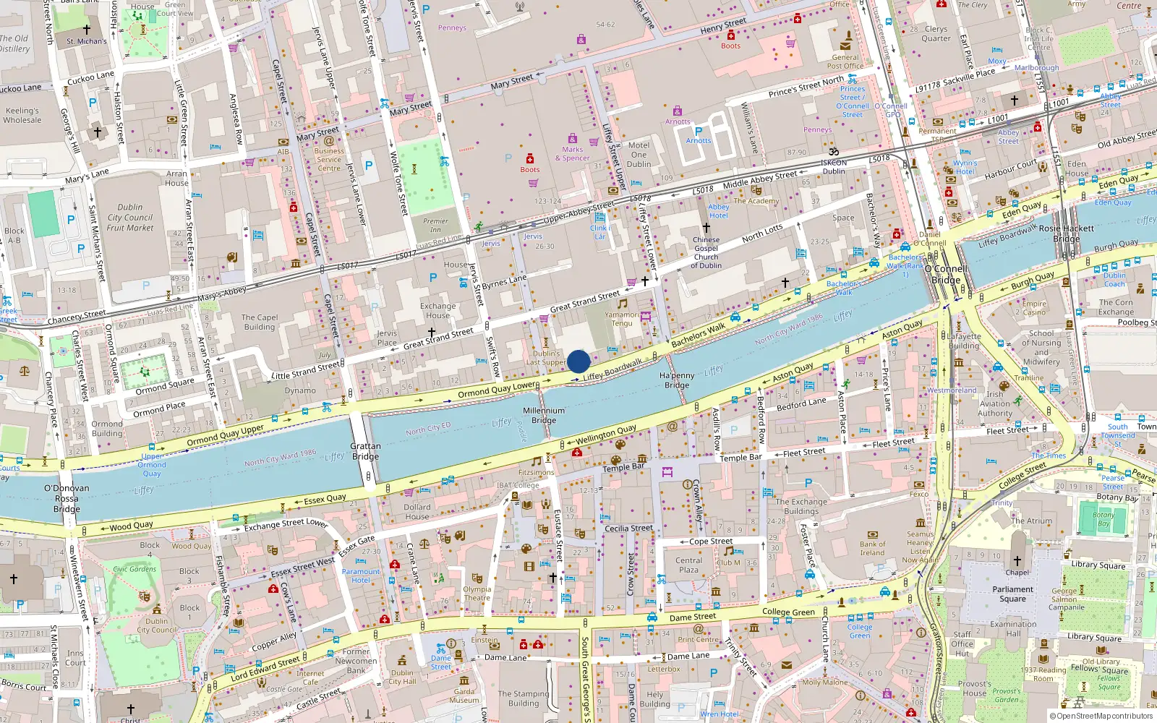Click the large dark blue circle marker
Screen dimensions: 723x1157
578,361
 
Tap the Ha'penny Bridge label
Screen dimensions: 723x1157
677,380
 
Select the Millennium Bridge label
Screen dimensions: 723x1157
544,415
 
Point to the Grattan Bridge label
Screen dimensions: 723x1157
365,451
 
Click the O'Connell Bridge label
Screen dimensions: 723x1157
945,274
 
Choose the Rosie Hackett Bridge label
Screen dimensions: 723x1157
1066,233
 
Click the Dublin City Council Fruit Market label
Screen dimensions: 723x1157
130,217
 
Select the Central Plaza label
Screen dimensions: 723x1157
688,565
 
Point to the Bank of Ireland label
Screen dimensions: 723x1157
872,548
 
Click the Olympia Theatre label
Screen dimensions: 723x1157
477,594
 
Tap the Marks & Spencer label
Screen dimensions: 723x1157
572,154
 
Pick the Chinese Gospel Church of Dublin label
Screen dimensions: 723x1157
706,252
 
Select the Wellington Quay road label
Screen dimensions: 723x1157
606,434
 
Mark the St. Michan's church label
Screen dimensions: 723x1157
86,41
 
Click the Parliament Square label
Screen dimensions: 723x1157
1012,594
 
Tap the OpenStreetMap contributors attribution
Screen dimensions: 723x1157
1102,716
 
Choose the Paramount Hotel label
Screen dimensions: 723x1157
360,576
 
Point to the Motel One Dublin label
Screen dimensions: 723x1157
639,155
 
